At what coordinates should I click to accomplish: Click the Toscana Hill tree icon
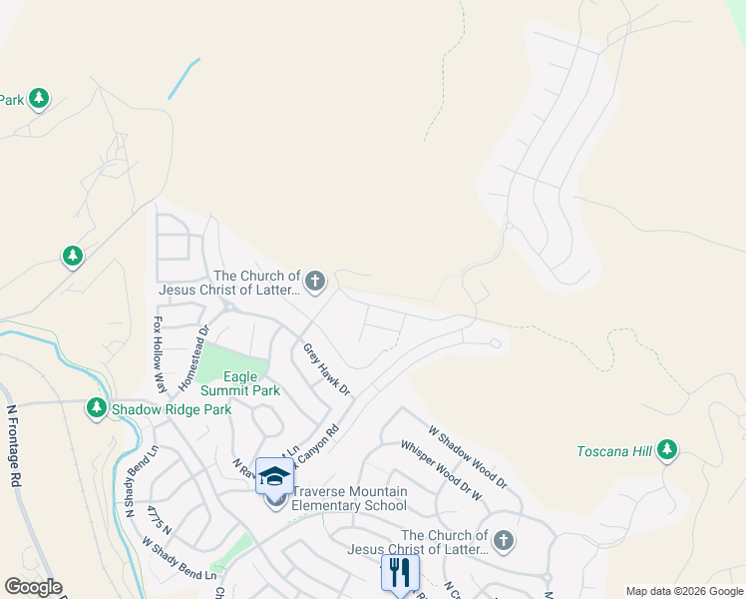[x=667, y=452]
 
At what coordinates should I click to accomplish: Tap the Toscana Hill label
[x=613, y=452]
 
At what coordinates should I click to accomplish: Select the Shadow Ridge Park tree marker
[x=97, y=408]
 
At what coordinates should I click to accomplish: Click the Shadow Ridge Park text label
[x=171, y=409]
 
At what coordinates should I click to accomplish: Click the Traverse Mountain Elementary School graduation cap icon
[x=275, y=476]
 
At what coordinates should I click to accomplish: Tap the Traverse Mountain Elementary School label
[x=349, y=498]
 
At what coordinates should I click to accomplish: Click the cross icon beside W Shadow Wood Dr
[x=504, y=542]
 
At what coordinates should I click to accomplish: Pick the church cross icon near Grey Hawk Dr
[x=315, y=282]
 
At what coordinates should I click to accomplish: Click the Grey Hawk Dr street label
[x=326, y=369]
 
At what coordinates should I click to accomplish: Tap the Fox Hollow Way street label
[x=158, y=355]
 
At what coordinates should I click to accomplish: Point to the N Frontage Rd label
[x=15, y=443]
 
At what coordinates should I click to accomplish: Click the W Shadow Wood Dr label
[x=468, y=458]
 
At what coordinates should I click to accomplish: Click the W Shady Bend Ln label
[x=180, y=560]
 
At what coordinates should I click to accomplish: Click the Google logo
[x=33, y=587]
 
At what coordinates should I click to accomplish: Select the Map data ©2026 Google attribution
[x=684, y=591]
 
